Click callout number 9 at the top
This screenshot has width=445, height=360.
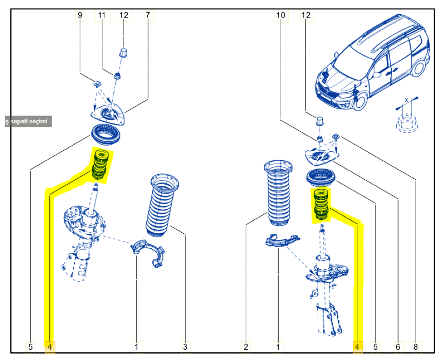coord(80,16)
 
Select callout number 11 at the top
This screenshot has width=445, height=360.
coord(102,16)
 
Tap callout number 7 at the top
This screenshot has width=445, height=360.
coord(148,16)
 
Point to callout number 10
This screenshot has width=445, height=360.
coord(280,16)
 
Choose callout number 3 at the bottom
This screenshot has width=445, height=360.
coord(185,346)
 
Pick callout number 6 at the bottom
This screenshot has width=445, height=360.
coord(398,346)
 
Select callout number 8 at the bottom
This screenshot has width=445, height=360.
coord(416,346)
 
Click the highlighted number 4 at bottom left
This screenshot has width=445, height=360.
coord(50,346)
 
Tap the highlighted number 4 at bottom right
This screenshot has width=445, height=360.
coord(357,346)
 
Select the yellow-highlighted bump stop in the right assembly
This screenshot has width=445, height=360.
coord(320,205)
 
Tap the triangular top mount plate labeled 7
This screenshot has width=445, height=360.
coord(109,115)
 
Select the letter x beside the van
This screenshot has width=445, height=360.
coord(406,100)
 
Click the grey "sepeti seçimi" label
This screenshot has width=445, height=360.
coord(27,121)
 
